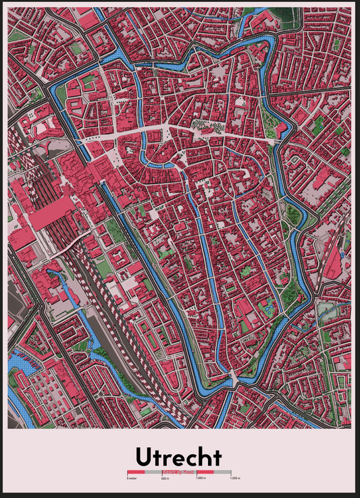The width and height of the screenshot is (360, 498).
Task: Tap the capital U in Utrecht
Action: (145, 457)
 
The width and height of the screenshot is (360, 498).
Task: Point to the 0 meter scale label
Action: (131, 478)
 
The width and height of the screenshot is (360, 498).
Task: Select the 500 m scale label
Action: (164, 478)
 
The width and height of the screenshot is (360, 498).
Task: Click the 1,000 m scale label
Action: (201, 478)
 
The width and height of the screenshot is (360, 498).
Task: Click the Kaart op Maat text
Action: (178, 472)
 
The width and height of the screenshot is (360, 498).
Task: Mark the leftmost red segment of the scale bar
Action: (135, 472)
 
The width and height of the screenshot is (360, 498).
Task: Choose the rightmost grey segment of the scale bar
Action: (223, 472)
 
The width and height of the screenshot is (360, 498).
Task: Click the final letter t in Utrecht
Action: (216, 457)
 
